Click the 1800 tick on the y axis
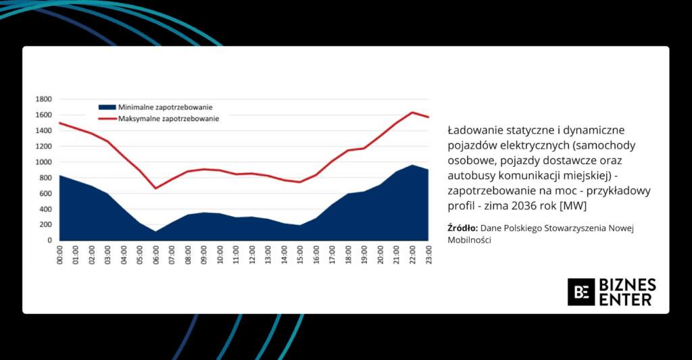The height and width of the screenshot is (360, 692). click(x=44, y=99)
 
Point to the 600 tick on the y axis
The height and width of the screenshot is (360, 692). click(x=46, y=194)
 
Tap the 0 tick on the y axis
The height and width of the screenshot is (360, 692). click(x=50, y=240)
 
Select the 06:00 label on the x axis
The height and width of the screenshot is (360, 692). click(x=156, y=254)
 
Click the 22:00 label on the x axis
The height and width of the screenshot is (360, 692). click(x=413, y=254)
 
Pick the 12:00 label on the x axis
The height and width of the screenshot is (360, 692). click(x=253, y=254)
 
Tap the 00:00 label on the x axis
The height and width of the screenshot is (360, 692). click(x=60, y=254)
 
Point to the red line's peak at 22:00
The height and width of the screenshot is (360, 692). click(x=413, y=112)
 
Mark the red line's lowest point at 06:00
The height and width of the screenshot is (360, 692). click(x=156, y=188)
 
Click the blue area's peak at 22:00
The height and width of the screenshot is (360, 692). click(x=413, y=165)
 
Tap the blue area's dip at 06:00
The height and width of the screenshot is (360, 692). click(x=156, y=232)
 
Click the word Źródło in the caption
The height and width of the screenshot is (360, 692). click(x=462, y=228)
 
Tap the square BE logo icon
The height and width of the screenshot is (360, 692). click(x=580, y=292)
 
